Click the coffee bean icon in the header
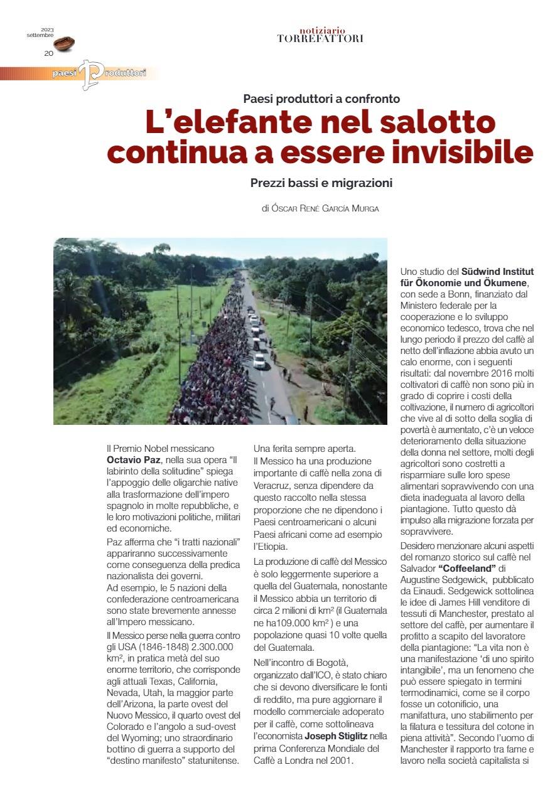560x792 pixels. [64, 44]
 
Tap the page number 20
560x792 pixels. [48, 53]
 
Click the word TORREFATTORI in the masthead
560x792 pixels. [320, 39]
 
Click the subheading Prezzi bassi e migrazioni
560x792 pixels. [321, 183]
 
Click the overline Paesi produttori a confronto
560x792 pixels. [321, 98]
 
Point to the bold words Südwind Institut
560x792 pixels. [497, 272]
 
